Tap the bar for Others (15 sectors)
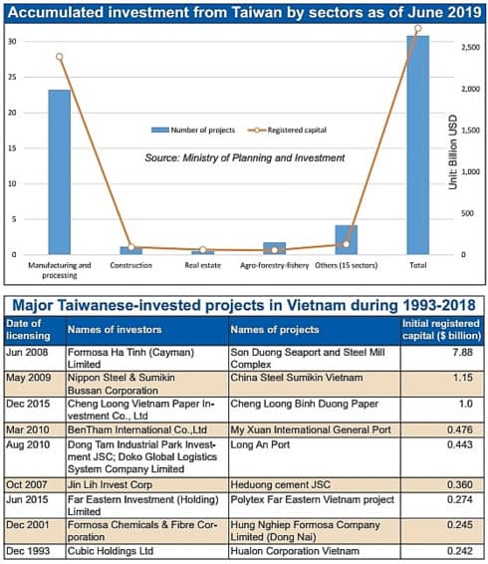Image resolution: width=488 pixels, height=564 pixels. pos(346,240)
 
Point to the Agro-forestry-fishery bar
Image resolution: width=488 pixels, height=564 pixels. pos(274,248)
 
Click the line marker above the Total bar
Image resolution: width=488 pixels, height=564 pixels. pos(417,29)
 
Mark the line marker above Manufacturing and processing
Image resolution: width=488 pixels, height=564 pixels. pos(60,57)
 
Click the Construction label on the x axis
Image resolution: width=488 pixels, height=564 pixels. pos(130,266)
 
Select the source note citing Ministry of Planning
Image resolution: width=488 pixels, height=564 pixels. pos(244,157)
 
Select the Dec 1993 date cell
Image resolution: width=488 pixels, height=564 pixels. pos(30,549)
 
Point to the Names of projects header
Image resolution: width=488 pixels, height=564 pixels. pos(274,328)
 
